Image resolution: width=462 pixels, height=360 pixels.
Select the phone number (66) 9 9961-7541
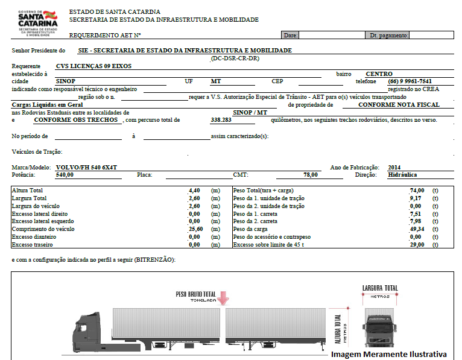click(x=410, y=81)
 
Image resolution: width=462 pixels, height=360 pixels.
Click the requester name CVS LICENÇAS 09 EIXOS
click(x=93, y=66)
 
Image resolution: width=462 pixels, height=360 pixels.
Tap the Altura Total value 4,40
click(x=194, y=190)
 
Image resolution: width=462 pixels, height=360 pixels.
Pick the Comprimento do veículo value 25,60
click(x=193, y=229)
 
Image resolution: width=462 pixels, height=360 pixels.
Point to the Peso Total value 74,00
click(x=417, y=190)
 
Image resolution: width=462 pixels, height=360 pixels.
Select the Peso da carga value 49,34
click(x=417, y=229)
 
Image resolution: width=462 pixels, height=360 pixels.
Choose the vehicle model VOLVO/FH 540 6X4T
click(x=86, y=167)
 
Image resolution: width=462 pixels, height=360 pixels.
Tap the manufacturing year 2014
click(x=394, y=167)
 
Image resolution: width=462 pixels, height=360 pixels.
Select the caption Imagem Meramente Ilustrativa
click(x=389, y=354)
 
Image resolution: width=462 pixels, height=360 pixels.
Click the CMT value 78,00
click(x=311, y=174)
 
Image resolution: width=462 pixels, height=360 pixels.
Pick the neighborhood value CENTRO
click(x=379, y=74)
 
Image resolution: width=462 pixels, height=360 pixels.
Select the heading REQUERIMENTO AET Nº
click(x=105, y=36)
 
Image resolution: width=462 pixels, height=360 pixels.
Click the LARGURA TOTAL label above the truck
click(x=380, y=288)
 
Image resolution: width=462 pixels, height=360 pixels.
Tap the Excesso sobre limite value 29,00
click(x=417, y=245)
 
